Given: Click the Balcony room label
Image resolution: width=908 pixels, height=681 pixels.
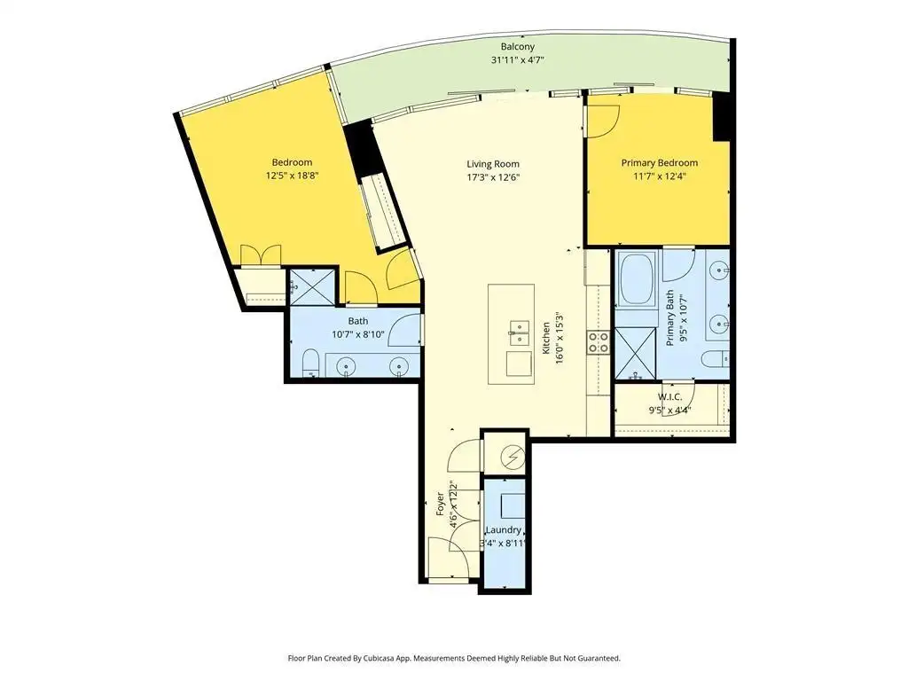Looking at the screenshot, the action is point(517,46).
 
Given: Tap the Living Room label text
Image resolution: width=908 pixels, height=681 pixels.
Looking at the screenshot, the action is point(493,164).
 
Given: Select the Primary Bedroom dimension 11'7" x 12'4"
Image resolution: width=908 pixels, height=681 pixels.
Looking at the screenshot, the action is point(660,176).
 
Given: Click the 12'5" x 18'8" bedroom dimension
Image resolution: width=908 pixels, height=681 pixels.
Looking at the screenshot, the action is point(292,176).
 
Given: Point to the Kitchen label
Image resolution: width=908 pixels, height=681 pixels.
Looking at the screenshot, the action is point(546,338).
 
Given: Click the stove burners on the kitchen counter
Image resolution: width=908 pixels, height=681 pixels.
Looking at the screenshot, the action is point(599,341).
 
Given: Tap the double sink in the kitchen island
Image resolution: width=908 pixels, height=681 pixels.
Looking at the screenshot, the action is point(519,333).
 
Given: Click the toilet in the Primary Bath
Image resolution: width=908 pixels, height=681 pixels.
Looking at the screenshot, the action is point(716,359).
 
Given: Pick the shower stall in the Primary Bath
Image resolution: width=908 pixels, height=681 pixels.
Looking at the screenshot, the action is point(635,353).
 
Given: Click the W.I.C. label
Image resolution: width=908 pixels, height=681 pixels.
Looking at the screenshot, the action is point(669,397).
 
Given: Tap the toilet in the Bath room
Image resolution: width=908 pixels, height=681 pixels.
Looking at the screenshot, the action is point(311,362).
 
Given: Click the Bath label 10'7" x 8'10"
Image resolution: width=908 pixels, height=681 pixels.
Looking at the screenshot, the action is point(358,328).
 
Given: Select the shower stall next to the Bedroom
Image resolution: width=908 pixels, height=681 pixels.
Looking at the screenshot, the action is point(312,287).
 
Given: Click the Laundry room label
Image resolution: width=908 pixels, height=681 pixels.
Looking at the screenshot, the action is point(504,530).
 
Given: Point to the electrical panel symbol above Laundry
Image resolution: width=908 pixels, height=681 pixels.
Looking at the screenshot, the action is point(512,457).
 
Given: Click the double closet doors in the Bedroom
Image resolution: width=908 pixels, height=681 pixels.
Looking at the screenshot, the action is point(261,255).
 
